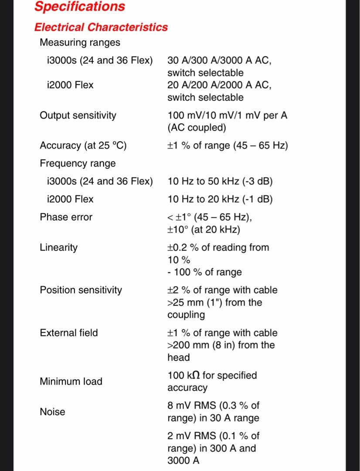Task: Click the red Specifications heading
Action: click(79, 7)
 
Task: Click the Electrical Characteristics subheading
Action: click(101, 27)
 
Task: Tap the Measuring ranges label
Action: click(80, 43)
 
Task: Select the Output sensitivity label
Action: click(78, 116)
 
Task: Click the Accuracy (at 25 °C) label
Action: click(83, 146)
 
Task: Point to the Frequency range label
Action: click(78, 164)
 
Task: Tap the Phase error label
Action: click(66, 217)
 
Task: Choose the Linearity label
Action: click(58, 248)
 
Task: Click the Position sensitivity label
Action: click(81, 290)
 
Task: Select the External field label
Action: click(69, 333)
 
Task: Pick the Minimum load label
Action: click(71, 382)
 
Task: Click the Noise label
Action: click(52, 412)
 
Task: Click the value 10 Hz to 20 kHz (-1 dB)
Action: click(220, 199)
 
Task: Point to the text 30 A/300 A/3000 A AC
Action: click(219, 61)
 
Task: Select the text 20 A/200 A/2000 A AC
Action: click(219, 85)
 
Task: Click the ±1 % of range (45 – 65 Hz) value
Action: click(228, 146)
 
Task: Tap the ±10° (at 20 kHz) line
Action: click(204, 229)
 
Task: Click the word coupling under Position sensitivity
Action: click(186, 315)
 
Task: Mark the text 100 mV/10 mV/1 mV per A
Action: click(228, 116)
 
